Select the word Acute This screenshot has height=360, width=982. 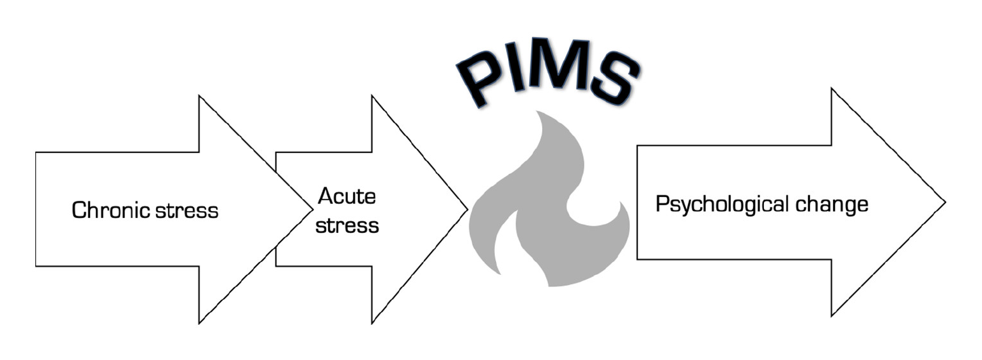(x=347, y=196)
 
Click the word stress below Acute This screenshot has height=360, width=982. (x=347, y=225)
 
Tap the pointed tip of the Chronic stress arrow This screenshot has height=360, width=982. (x=312, y=210)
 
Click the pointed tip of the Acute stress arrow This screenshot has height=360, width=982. (x=467, y=210)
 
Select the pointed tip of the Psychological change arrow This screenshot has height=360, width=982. (x=946, y=202)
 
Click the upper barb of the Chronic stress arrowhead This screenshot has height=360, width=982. (x=199, y=95)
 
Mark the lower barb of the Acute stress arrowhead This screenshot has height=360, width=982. (x=371, y=324)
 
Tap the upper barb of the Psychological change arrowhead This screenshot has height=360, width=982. (x=832, y=88)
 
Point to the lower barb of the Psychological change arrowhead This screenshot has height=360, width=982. (x=832, y=316)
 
